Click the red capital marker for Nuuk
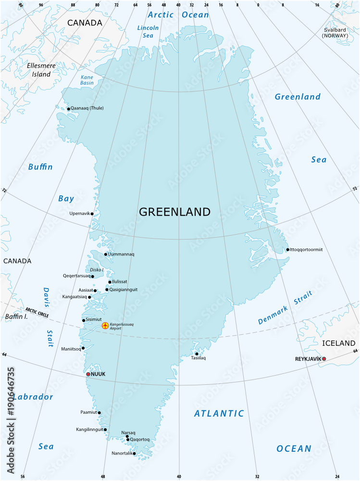tap(88, 374)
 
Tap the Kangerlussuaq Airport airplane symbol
tap(105, 326)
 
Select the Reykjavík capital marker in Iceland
tap(324, 359)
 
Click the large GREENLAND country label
tap(174, 212)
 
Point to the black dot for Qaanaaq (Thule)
tap(69, 109)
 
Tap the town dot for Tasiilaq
tap(197, 354)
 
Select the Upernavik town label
tap(79, 213)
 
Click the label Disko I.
tap(97, 270)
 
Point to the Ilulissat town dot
tap(110, 282)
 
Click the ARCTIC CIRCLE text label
tap(37, 311)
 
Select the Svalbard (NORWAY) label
tap(335, 33)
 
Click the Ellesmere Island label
tap(41, 70)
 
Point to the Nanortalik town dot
tap(134, 453)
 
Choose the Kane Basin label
tap(87, 80)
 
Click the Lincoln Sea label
tap(148, 31)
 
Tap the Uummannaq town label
tap(121, 254)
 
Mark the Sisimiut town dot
tap(84, 320)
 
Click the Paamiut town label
tap(88, 412)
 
